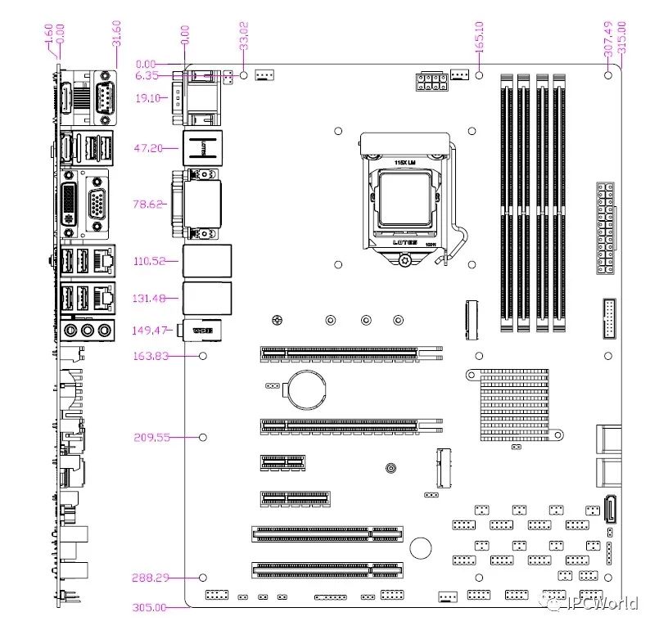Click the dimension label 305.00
click(149, 607)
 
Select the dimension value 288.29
click(150, 578)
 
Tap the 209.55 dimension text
click(151, 437)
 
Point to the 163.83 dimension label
click(151, 356)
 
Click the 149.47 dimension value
click(151, 330)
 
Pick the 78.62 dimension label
click(151, 204)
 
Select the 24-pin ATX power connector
click(605, 229)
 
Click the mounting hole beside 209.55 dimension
click(203, 437)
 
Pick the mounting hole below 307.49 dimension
click(608, 75)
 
